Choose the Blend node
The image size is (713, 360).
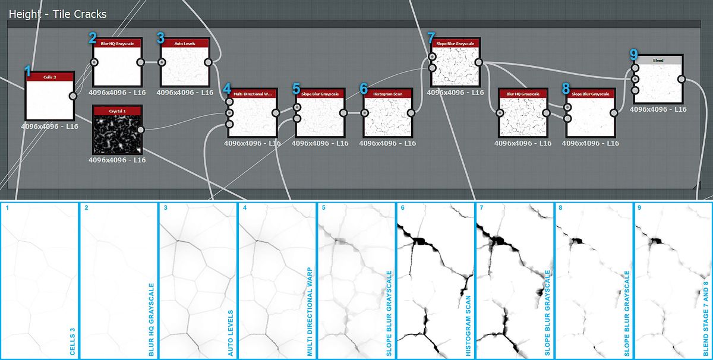[x=658, y=83]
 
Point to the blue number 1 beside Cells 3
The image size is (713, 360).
[x=27, y=71]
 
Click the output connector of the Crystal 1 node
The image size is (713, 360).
[x=141, y=130]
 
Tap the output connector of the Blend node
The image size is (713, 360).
[x=682, y=79]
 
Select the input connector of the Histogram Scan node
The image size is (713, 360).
[x=365, y=113]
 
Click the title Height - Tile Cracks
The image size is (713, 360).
[x=58, y=14]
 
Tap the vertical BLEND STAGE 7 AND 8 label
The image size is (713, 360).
[x=706, y=314]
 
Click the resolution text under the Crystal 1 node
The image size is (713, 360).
[x=117, y=160]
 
